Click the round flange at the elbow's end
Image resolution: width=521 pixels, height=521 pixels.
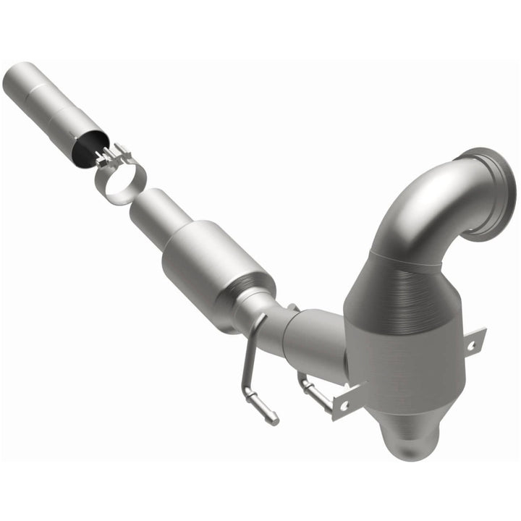click(492, 192)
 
